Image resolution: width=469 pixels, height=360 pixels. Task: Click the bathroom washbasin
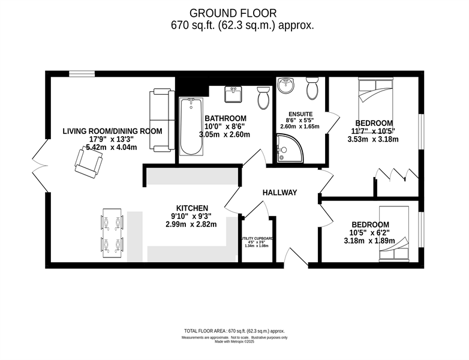coord(233,94)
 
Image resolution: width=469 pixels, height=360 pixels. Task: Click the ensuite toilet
coord(312,89)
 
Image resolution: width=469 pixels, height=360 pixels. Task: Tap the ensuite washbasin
coord(286,86)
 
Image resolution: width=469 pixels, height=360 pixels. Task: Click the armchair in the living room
coord(86,162)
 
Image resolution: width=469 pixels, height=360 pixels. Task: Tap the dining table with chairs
coord(112,233)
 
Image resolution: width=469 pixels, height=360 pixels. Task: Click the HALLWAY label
coord(280,193)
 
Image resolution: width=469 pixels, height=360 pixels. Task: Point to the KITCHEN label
coord(192,207)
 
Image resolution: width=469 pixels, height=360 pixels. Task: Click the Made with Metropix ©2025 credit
coord(235,342)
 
